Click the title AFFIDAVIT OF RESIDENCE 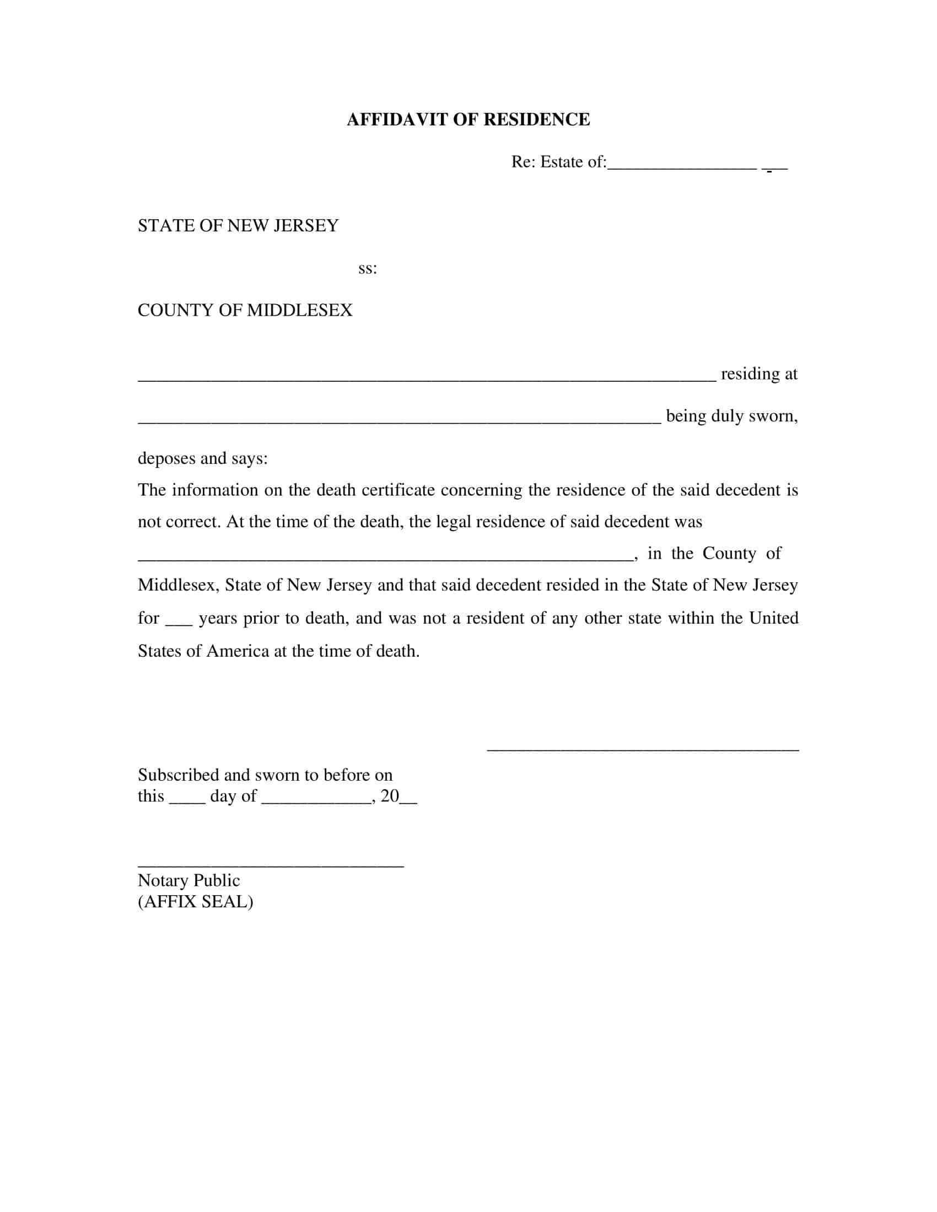tap(468, 120)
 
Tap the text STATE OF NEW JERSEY tap(238, 226)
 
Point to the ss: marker tap(368, 269)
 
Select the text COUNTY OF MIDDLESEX tap(245, 310)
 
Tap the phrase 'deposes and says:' tap(203, 458)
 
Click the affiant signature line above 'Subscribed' tap(643, 750)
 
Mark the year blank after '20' tap(408, 802)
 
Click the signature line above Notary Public tap(270, 865)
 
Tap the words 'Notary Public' tap(189, 881)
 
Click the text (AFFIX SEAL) tap(196, 902)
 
